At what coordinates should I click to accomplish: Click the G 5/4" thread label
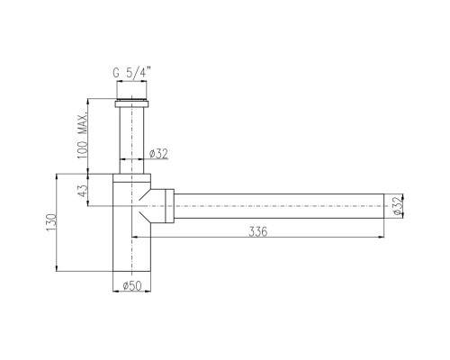[x=131, y=73]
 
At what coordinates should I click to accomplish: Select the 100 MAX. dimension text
[x=82, y=135]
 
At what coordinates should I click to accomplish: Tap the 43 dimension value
[x=82, y=190]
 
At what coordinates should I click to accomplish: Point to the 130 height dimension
[x=51, y=222]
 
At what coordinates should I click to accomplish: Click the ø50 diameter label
[x=132, y=285]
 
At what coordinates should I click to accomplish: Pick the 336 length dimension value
[x=257, y=231]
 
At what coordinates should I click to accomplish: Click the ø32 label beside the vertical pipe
[x=158, y=154]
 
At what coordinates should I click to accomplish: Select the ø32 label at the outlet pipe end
[x=397, y=206]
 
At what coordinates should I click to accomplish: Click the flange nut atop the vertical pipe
[x=131, y=104]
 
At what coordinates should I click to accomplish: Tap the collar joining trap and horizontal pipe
[x=169, y=206]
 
